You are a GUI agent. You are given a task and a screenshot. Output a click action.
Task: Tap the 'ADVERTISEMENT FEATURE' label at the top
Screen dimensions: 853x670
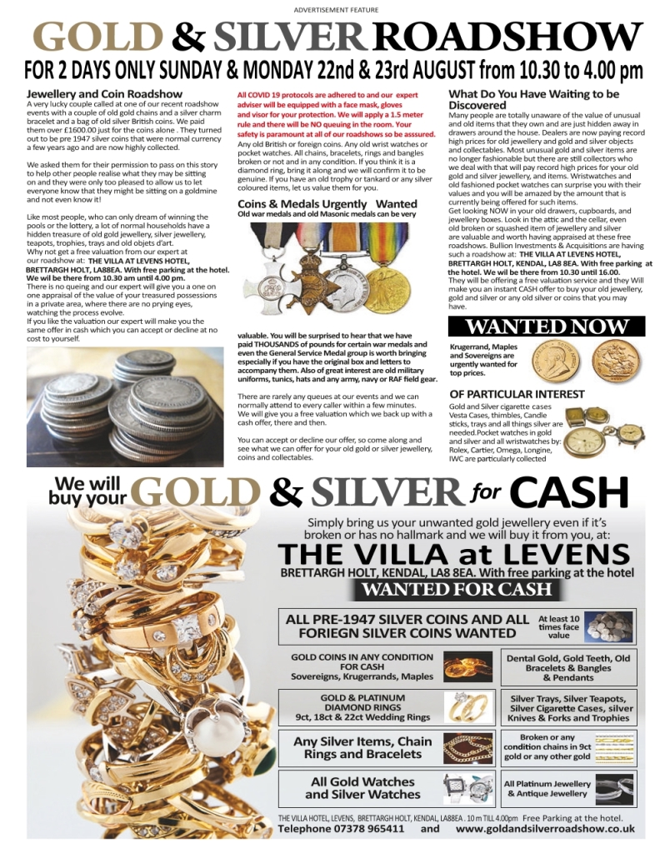click(x=336, y=9)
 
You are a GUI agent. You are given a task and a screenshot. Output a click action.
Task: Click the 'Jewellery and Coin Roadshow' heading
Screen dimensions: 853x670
click(x=105, y=94)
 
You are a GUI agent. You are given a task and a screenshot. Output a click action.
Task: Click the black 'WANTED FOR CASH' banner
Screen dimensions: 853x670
click(x=457, y=590)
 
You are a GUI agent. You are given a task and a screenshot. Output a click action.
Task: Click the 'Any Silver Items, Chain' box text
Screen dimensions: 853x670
click(x=362, y=747)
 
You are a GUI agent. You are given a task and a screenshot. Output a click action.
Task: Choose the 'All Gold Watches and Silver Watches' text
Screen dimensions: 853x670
click(x=362, y=788)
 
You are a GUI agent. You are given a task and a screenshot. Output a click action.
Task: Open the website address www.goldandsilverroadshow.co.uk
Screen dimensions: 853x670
click(x=546, y=829)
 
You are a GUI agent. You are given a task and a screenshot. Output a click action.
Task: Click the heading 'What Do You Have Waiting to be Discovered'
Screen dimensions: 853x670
click(x=533, y=100)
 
